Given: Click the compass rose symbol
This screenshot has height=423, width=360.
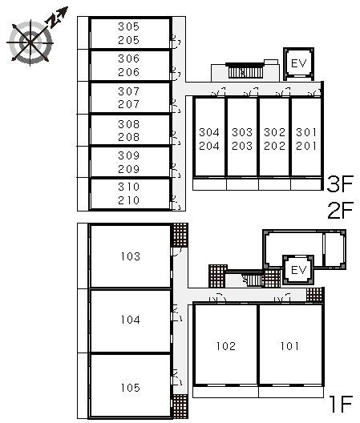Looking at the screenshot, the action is [30, 42].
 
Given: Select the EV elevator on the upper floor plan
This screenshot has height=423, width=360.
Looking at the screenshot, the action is [299, 64].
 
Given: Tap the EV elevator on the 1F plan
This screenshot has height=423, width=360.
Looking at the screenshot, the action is [298, 270].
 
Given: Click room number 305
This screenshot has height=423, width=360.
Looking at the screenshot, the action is [128, 26].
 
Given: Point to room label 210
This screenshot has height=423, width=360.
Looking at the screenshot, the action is [128, 200].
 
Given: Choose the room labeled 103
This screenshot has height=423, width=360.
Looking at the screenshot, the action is [131, 256].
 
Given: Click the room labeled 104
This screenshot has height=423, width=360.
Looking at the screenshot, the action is [131, 320].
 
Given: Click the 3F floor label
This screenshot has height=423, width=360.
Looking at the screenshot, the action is [340, 183].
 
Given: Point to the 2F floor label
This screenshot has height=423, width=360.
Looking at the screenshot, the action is [340, 210].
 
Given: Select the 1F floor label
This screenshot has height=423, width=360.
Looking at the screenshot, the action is [342, 404].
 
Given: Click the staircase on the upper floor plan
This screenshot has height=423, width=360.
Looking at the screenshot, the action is [245, 70].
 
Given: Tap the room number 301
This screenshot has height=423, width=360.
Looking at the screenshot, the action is [306, 132].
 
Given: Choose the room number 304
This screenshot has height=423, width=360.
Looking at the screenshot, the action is [209, 132].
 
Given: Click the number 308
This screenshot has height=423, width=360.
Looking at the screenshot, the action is [128, 124].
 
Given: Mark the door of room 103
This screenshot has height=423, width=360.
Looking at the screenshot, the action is [177, 252].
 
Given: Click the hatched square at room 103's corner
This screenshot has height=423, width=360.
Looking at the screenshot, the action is [180, 235].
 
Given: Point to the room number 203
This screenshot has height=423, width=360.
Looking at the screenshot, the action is [242, 146].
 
